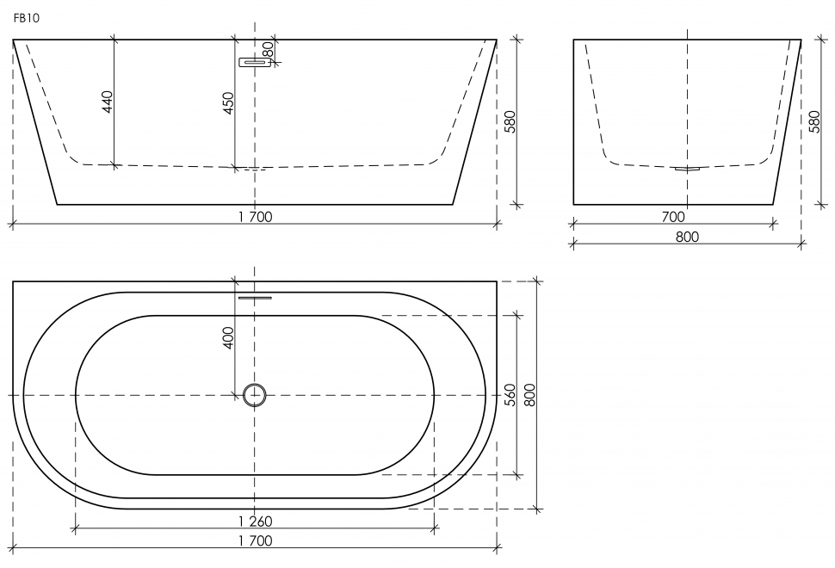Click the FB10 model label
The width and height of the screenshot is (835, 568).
tap(26, 18)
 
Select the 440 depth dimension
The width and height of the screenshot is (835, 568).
tap(108, 102)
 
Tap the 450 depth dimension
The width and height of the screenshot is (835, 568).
tap(228, 103)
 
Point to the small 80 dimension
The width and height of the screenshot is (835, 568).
tap(269, 50)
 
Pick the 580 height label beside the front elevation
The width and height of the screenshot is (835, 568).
tap(510, 122)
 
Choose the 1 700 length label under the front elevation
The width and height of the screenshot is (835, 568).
tap(255, 217)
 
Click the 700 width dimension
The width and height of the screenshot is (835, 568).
tap(673, 217)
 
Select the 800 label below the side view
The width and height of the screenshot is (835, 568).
tap(687, 237)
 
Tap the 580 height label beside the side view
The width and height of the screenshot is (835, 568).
tap(814, 122)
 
